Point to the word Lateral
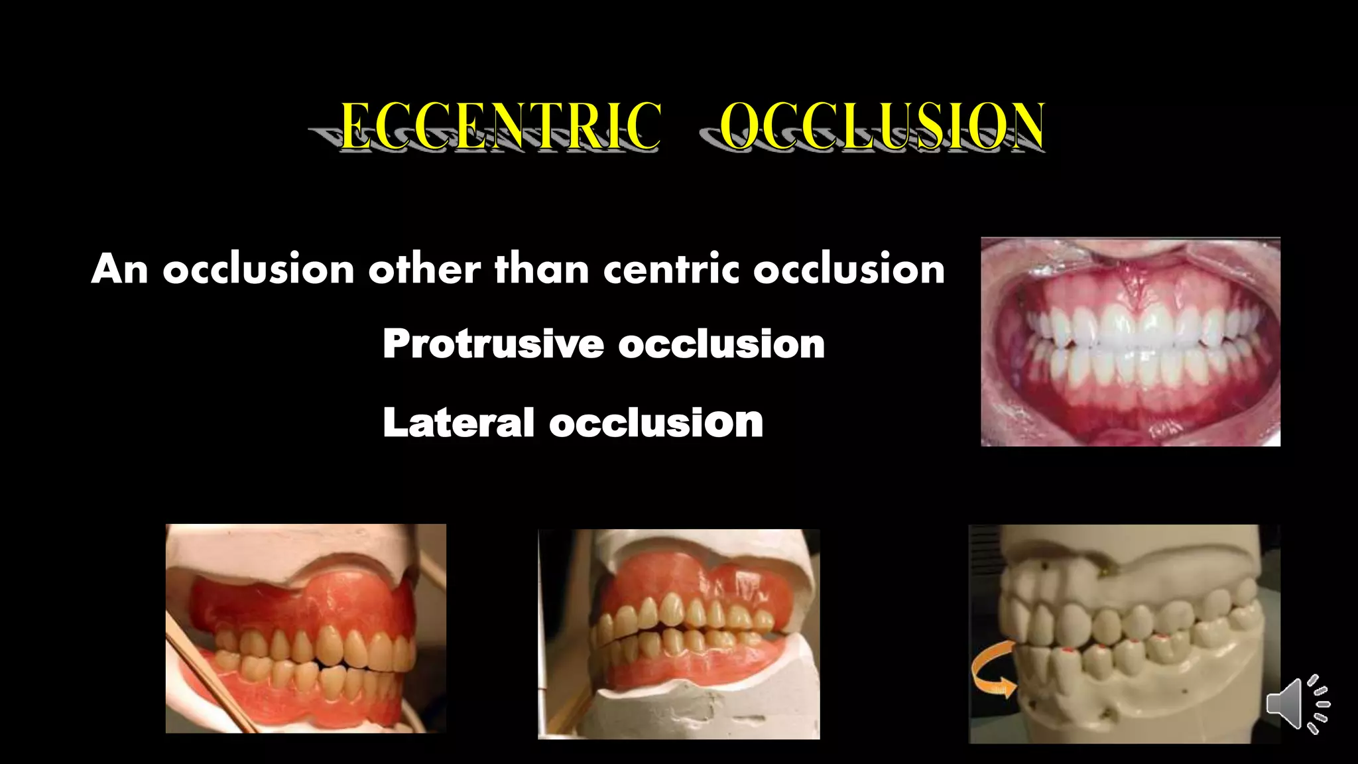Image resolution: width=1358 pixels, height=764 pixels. (458, 422)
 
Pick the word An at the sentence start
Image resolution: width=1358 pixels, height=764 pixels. (120, 269)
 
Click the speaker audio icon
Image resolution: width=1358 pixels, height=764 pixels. (1297, 704)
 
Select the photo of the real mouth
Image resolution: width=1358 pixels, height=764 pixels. (1131, 342)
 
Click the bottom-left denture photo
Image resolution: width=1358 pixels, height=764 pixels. (306, 628)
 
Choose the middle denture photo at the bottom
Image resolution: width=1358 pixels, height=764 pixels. (678, 633)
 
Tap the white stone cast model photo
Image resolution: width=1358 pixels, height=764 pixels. (1124, 633)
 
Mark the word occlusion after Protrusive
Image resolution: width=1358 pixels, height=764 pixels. (721, 344)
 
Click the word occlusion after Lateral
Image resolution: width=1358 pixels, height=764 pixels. (656, 422)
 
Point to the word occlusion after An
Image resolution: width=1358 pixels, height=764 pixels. (259, 269)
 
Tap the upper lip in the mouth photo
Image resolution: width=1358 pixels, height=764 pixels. (1131, 249)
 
